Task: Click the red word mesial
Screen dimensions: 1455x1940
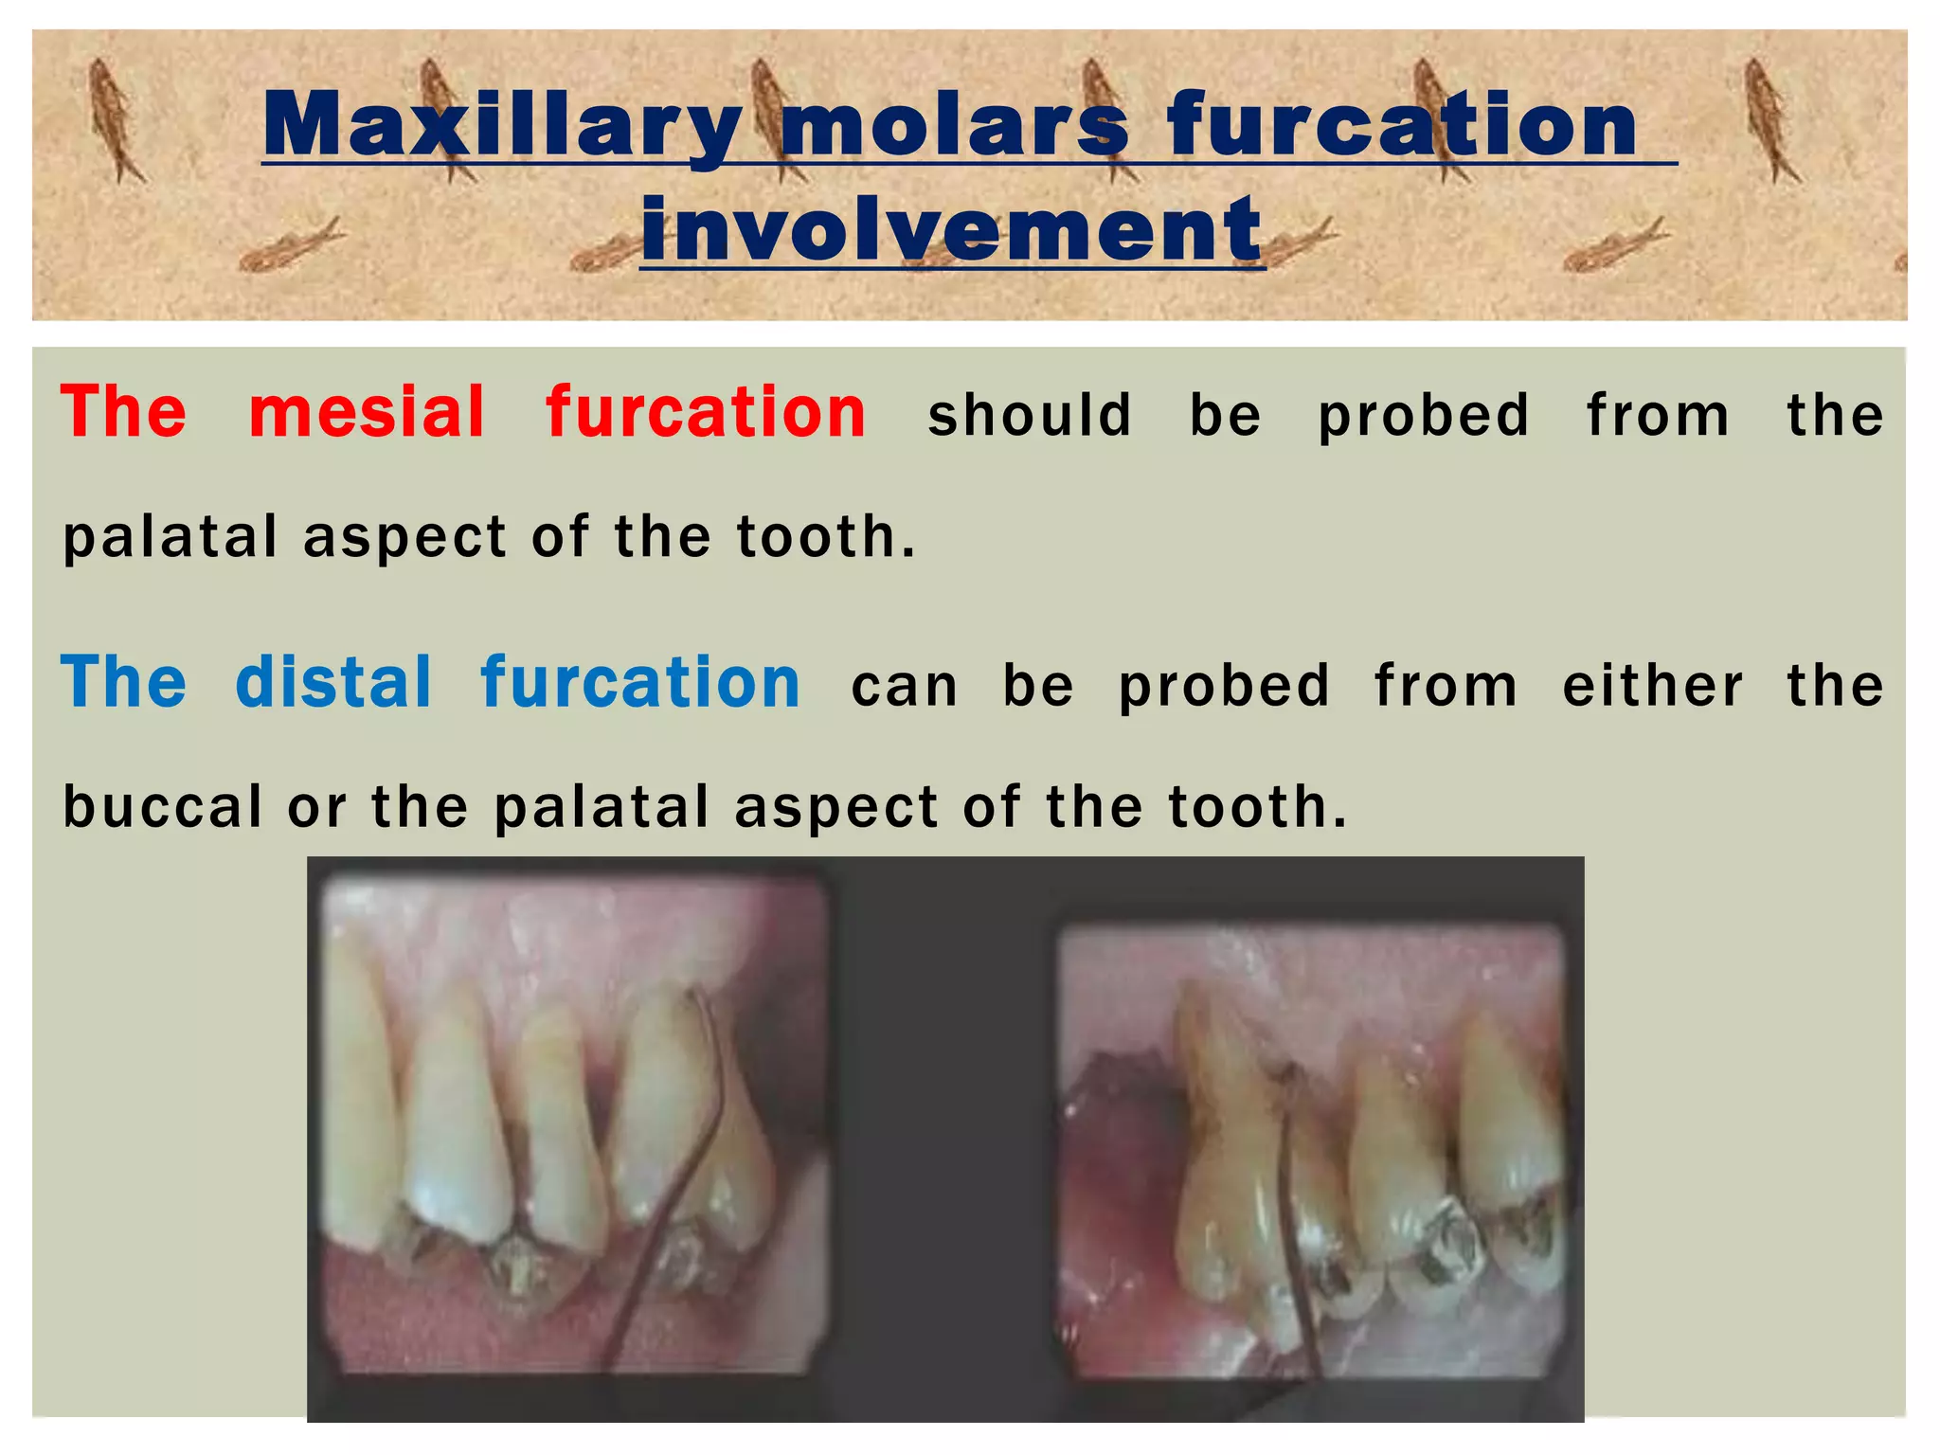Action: point(367,413)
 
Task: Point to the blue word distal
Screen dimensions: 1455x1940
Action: point(333,683)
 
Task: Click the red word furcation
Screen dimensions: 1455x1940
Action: point(706,413)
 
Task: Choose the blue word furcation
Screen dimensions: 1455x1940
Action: point(640,683)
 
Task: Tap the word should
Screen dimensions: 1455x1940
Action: point(1030,416)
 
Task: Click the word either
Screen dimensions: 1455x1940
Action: point(1652,686)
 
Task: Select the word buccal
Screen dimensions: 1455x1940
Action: point(162,807)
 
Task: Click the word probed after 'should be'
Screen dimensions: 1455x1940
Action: point(1424,416)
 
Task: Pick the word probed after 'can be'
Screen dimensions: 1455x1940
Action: point(1224,686)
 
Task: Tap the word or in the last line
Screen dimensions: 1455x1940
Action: point(316,807)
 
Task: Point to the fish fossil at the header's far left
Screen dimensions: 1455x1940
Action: point(114,118)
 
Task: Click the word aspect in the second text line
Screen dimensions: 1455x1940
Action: point(404,537)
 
